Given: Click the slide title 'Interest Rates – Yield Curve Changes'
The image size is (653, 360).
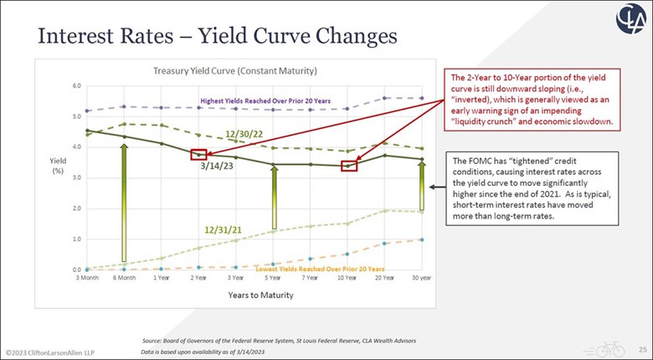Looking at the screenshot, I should (205, 37).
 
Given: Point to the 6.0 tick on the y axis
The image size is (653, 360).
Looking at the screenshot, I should (76, 85).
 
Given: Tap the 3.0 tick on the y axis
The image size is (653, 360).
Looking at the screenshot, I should (76, 177).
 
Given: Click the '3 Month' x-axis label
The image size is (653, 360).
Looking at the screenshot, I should (87, 277).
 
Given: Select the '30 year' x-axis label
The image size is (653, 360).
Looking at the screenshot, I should (420, 277).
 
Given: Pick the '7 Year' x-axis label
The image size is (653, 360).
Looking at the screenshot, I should (309, 277).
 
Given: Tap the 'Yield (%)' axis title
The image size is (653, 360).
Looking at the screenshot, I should (51, 165).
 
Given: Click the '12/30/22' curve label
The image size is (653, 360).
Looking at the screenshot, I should (244, 134).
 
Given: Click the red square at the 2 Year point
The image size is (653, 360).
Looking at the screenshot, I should (198, 154).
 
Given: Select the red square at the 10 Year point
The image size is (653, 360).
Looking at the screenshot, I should (348, 165).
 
